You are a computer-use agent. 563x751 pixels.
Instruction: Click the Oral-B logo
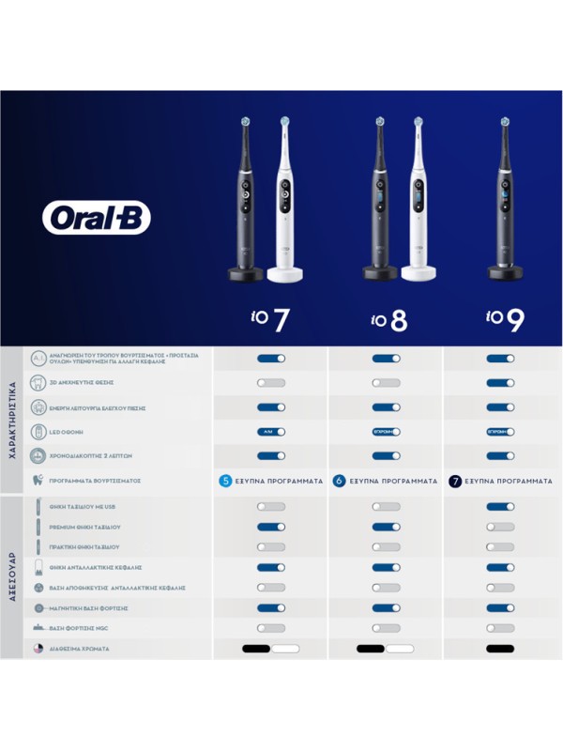pyautogui.click(x=97, y=217)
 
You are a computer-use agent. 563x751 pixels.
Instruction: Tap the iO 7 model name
pyautogui.click(x=270, y=319)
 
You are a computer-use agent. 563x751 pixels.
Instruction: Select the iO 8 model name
pyautogui.click(x=386, y=319)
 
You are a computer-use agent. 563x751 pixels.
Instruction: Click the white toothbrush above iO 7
pyautogui.click(x=284, y=202)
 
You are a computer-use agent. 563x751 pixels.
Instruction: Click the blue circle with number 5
pyautogui.click(x=225, y=481)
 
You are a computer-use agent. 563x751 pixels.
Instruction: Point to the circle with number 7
pyautogui.click(x=455, y=481)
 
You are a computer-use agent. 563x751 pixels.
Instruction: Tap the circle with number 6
pyautogui.click(x=339, y=481)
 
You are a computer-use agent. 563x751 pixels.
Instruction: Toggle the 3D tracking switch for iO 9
pyautogui.click(x=500, y=383)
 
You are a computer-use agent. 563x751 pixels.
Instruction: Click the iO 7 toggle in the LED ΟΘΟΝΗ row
pyautogui.click(x=270, y=432)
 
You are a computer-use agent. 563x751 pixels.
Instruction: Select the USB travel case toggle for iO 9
pyautogui.click(x=500, y=507)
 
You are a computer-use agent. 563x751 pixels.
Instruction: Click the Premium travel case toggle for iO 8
pyautogui.click(x=386, y=527)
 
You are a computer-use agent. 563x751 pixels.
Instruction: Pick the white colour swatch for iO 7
pyautogui.click(x=285, y=649)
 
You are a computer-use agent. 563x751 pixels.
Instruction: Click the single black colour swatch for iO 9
pyautogui.click(x=500, y=649)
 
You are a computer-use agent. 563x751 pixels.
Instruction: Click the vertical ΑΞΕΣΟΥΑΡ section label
pyautogui.click(x=12, y=575)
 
